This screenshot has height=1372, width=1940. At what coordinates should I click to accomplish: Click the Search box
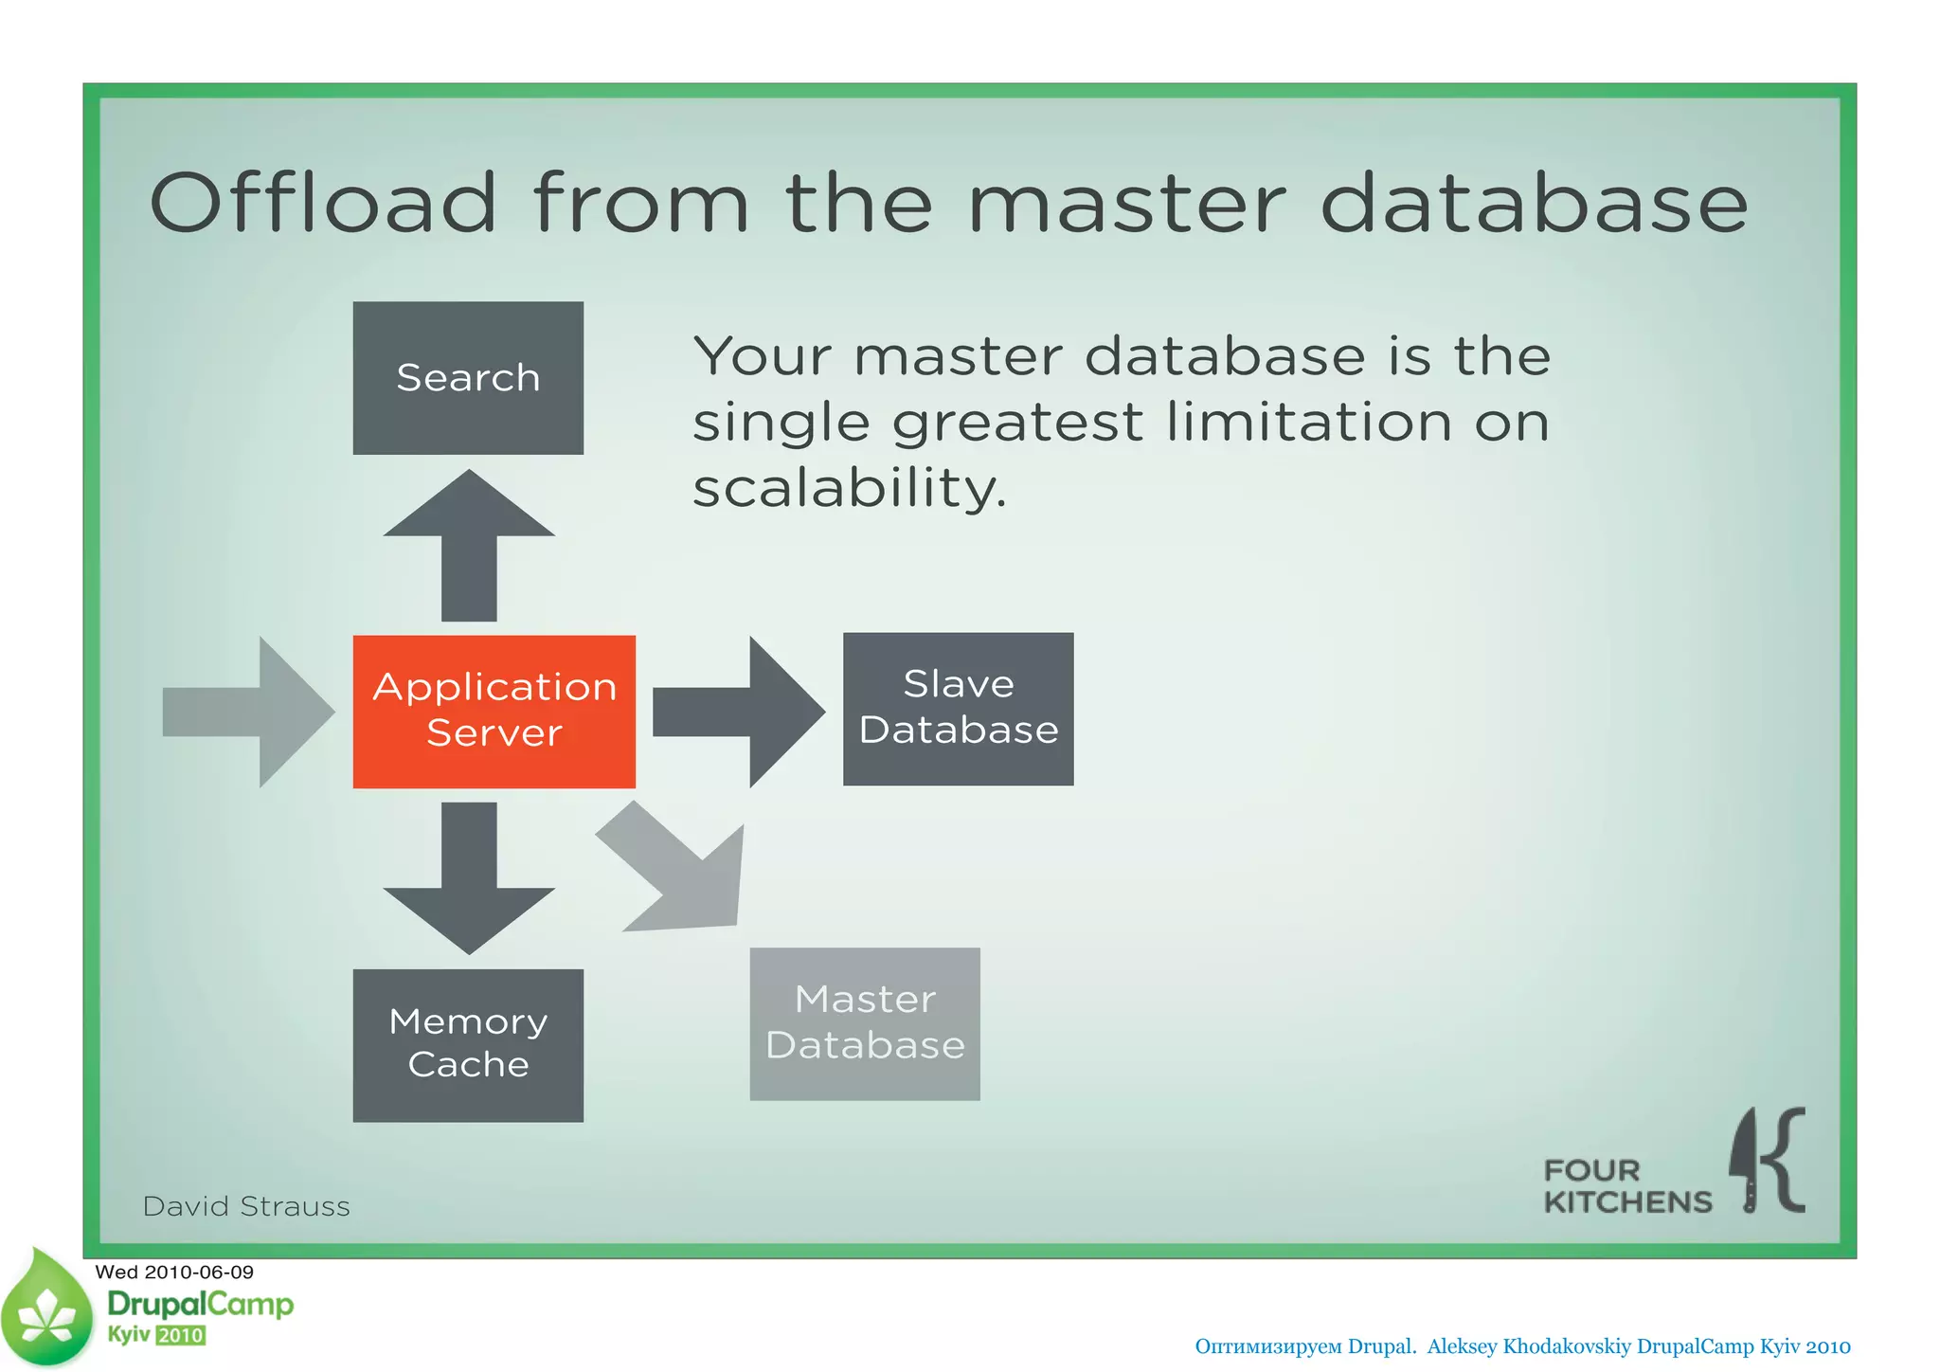point(468,378)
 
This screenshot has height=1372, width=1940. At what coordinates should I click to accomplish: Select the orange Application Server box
point(494,711)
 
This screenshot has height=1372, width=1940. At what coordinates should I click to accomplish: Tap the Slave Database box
point(958,709)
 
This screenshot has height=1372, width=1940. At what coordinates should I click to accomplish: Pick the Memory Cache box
point(468,1044)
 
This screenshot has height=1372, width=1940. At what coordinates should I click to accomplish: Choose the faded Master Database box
point(864,1023)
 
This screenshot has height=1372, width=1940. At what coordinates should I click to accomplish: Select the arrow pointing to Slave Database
point(739,712)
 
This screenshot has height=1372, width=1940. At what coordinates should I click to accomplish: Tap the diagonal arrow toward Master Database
point(682,872)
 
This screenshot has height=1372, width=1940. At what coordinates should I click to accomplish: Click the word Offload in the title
point(323,203)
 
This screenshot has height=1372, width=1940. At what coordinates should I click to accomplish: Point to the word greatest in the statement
point(1017,423)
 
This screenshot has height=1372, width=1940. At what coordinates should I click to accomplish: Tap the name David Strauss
point(246,1206)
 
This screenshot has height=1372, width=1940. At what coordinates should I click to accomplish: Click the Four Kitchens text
point(1626,1186)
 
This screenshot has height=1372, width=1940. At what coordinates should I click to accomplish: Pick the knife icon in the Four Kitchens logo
point(1745,1161)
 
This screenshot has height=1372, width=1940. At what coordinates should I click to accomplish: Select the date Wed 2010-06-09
point(174,1272)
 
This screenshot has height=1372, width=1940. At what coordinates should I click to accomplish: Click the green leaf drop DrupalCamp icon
point(47,1309)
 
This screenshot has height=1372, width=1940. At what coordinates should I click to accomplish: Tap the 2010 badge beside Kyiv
point(180,1335)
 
